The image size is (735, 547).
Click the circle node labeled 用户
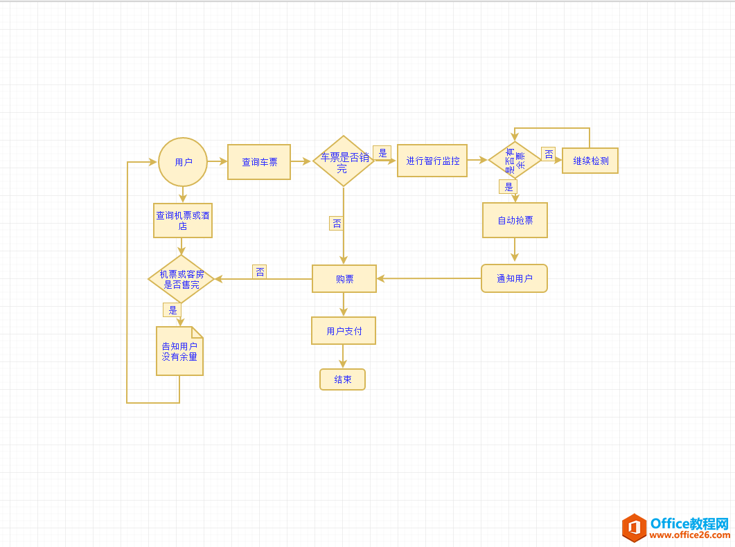pos(183,162)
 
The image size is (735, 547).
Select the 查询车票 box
pos(259,162)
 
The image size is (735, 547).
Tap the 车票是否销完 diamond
pos(343,161)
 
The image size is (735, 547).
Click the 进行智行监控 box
pos(432,161)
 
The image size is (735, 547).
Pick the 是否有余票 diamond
pos(515,160)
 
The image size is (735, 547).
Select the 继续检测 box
pos(590,161)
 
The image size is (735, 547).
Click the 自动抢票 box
pos(515,220)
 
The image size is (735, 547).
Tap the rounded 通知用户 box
pos(514,278)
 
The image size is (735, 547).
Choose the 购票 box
pos(344,279)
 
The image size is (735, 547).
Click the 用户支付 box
pos(344,331)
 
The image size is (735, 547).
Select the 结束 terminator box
pos(342,379)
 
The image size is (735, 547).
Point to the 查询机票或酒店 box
pos(183,220)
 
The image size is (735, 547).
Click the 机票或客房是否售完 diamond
pos(181,279)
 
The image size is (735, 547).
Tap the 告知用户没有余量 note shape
pos(179,351)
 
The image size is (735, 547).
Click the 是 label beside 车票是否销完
pos(382,153)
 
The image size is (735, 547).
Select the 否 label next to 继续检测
pos(549,154)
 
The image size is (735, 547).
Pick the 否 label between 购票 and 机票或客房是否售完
pos(260,272)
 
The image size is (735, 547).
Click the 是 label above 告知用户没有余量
pos(172,310)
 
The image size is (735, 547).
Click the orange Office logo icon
pos(634,528)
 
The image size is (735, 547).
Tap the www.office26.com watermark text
pos(689,535)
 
